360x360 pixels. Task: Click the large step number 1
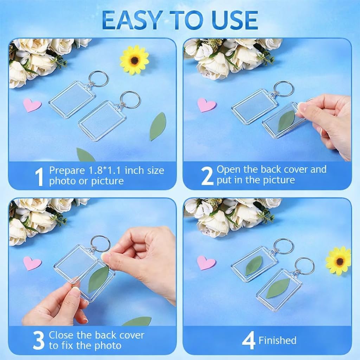pyautogui.click(x=39, y=176)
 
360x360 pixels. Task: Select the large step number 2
pyautogui.click(x=207, y=175)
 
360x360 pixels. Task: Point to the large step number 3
pyautogui.click(x=39, y=340)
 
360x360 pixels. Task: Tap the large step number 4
pyautogui.click(x=249, y=341)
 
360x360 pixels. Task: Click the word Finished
pyautogui.click(x=277, y=340)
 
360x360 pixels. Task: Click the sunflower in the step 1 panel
pyautogui.click(x=134, y=60)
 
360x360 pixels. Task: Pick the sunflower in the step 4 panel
pyautogui.click(x=339, y=261)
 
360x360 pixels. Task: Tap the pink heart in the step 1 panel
pyautogui.click(x=32, y=105)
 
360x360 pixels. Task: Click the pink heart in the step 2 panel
pyautogui.click(x=206, y=104)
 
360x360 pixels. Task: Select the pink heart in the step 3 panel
pyautogui.click(x=32, y=263)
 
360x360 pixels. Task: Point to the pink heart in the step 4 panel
pyautogui.click(x=206, y=262)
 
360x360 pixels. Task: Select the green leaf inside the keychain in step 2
pyautogui.click(x=287, y=121)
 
